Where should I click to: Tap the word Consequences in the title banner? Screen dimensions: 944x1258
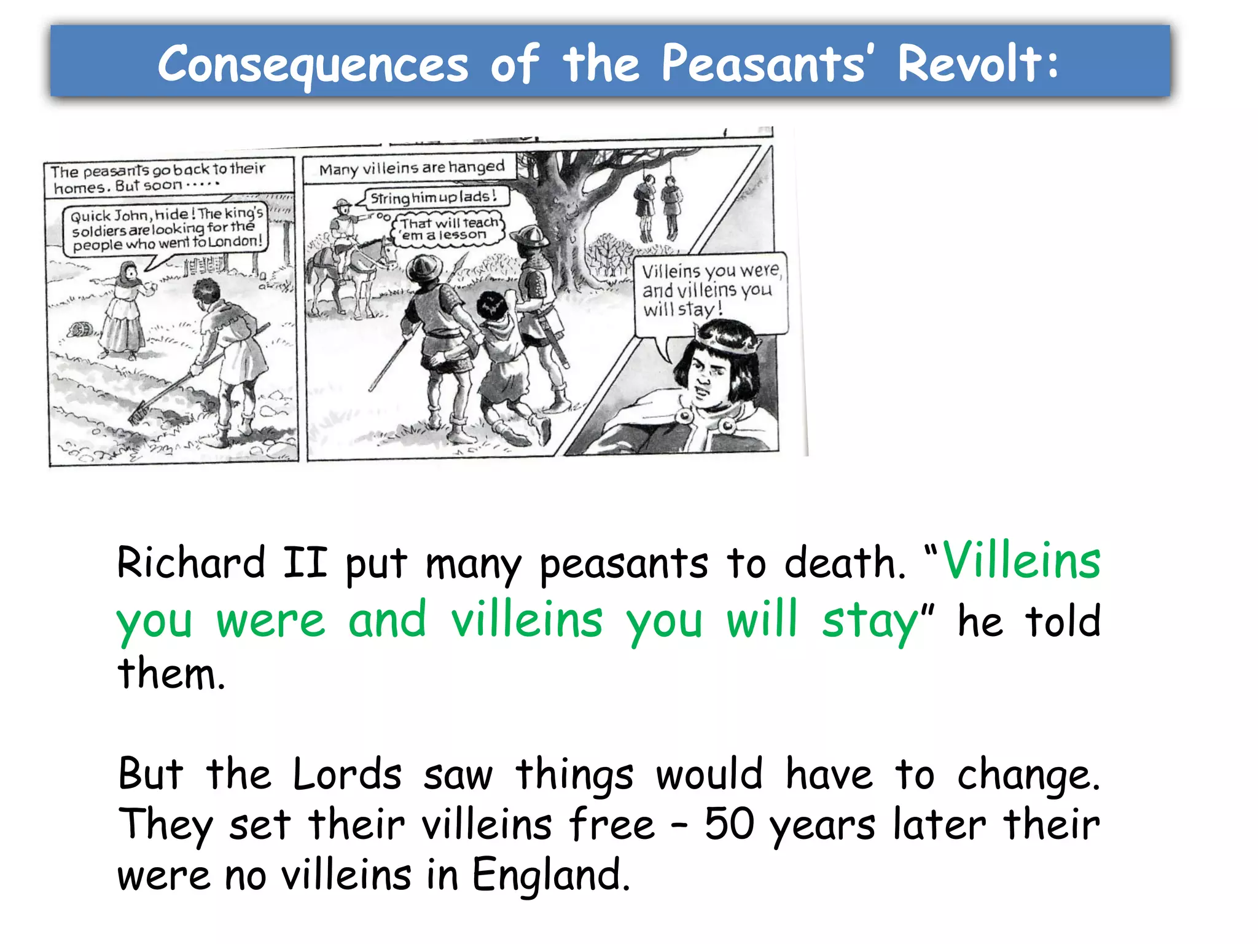[x=313, y=65]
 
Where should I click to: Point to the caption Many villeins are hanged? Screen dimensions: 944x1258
[x=412, y=168]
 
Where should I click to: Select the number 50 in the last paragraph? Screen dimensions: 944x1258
[x=729, y=824]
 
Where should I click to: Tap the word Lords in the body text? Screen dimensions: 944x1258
[x=347, y=774]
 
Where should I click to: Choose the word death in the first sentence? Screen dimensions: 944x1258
[x=845, y=562]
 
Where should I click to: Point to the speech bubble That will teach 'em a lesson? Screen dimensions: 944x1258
[x=448, y=229]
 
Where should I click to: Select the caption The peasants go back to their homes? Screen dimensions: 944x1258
[x=159, y=178]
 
